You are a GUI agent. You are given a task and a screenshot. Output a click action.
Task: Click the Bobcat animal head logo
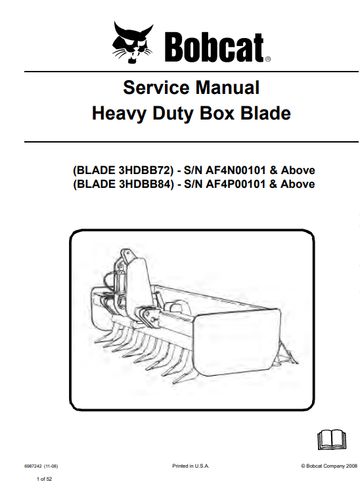133,42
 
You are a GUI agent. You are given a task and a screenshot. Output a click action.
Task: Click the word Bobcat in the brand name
214,47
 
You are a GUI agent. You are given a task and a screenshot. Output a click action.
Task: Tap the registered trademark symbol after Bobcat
268,58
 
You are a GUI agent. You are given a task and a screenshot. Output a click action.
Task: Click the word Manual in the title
227,87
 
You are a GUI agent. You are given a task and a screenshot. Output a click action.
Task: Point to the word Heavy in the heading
119,114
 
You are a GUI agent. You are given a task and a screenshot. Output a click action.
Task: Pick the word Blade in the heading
265,113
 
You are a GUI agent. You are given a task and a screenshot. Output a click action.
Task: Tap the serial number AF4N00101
236,170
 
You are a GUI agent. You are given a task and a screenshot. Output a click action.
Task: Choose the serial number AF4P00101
236,184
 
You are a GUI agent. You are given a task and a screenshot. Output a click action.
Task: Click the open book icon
332,439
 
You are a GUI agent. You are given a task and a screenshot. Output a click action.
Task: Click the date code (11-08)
51,466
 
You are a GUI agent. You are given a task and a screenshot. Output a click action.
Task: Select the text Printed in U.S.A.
191,466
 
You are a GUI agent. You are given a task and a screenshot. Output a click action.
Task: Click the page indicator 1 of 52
45,479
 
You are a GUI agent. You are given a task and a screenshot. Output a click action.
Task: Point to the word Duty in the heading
173,114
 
